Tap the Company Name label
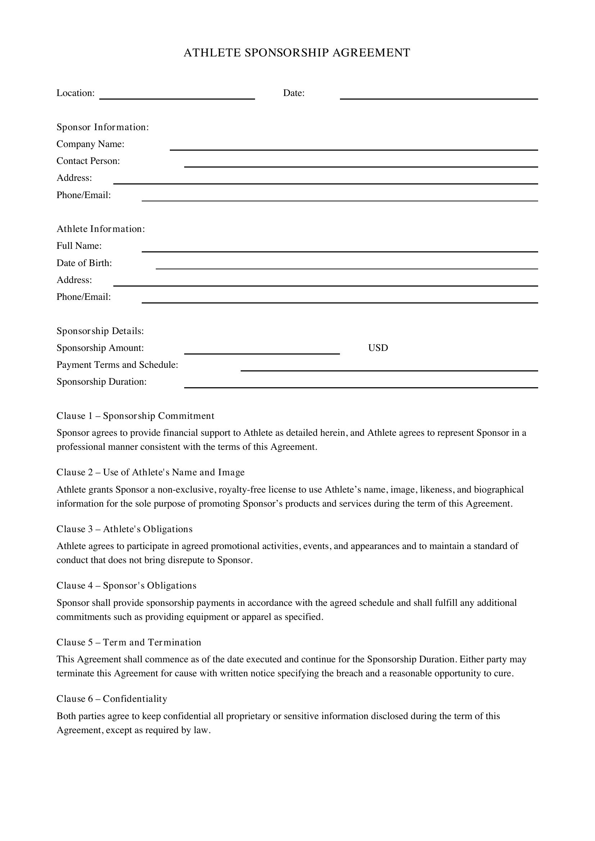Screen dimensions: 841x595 tap(90, 144)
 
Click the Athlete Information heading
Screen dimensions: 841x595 tap(101, 229)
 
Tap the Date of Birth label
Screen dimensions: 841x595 tap(84, 263)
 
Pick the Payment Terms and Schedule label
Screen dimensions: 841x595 tap(117, 365)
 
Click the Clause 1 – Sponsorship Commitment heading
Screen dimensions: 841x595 tap(135, 416)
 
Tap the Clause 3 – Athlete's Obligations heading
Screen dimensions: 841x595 tap(124, 529)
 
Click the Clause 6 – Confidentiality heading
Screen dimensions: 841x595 tap(112, 699)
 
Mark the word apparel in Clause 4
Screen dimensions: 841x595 tap(256, 617)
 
